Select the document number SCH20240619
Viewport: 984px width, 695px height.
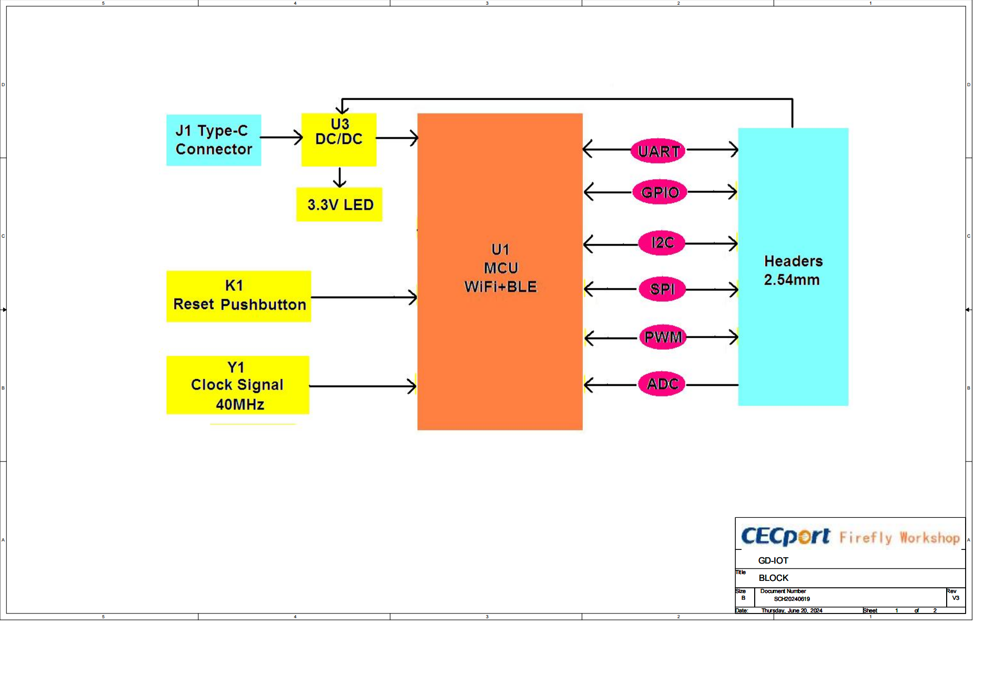coord(801,606)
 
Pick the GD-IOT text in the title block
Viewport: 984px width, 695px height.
coord(782,567)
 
